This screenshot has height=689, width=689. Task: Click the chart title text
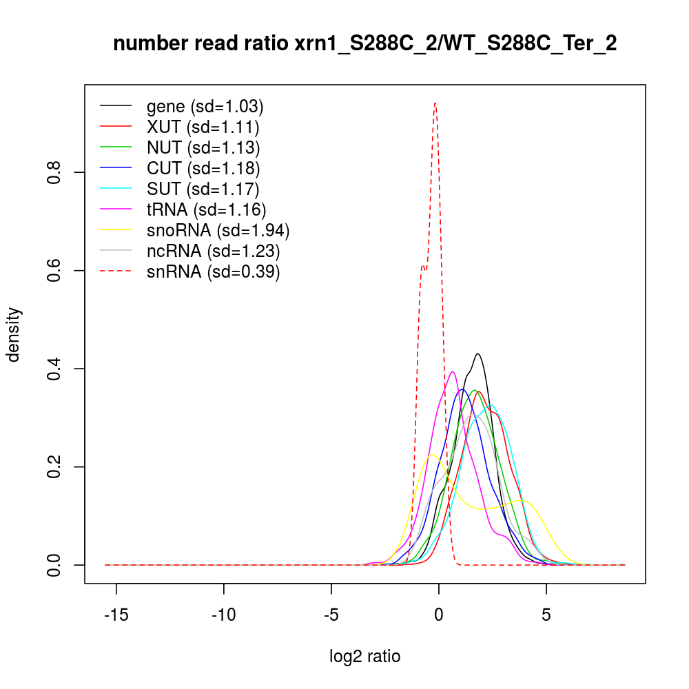point(364,44)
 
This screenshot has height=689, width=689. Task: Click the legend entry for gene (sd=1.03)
point(205,107)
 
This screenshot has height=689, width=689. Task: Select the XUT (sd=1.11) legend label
point(203,127)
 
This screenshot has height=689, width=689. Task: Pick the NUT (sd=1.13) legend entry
point(203,147)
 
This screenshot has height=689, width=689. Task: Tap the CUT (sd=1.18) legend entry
point(203,168)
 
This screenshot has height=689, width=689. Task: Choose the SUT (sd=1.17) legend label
point(203,189)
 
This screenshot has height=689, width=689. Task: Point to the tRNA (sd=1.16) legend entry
point(206,209)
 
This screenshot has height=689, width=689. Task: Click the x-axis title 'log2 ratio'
point(364,656)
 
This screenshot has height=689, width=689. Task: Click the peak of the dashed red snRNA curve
point(435,103)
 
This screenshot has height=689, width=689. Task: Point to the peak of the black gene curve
point(477,354)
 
